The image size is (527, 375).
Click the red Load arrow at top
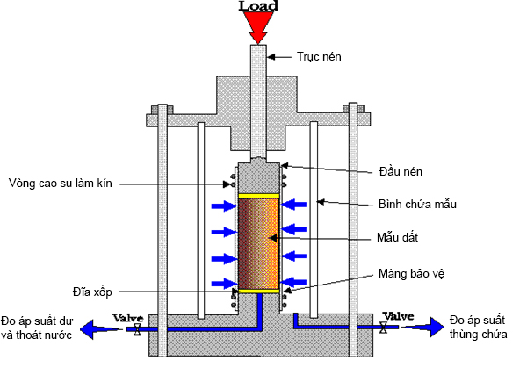click(259, 27)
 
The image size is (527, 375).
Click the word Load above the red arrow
click(259, 6)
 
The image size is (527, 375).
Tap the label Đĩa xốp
click(92, 289)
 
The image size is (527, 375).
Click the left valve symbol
click(137, 330)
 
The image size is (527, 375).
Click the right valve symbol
click(384, 328)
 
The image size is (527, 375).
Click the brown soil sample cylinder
click(258, 242)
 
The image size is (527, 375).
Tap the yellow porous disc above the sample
click(258, 194)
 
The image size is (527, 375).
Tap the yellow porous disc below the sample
click(258, 291)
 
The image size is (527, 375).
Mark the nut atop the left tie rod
click(162, 110)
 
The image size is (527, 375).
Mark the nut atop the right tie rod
click(354, 110)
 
